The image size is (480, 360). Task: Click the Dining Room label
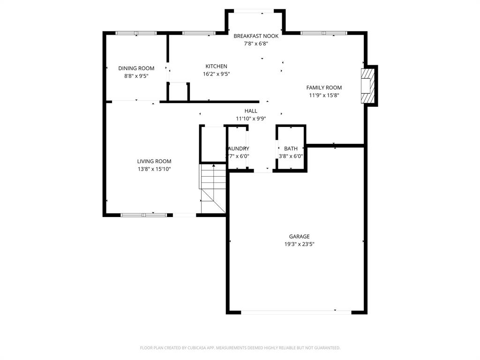136,68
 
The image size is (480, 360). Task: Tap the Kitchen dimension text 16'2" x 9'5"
216,74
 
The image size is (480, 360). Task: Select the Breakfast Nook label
256,36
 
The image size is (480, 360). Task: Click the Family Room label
324,88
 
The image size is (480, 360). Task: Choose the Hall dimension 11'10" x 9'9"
251,119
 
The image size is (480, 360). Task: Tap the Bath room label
291,149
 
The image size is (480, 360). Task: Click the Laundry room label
239,149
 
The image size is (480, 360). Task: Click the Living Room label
154,161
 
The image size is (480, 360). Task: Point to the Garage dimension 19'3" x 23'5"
299,244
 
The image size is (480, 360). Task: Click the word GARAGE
299,237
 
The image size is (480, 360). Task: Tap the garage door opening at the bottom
296,312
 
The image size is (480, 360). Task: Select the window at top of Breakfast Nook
254,11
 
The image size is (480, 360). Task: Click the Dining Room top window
136,33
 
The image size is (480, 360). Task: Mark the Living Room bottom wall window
143,215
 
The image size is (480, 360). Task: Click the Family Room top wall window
323,33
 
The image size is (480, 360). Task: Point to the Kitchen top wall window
198,33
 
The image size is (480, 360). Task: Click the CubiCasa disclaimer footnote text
240,348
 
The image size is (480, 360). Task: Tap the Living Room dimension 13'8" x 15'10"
154,169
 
